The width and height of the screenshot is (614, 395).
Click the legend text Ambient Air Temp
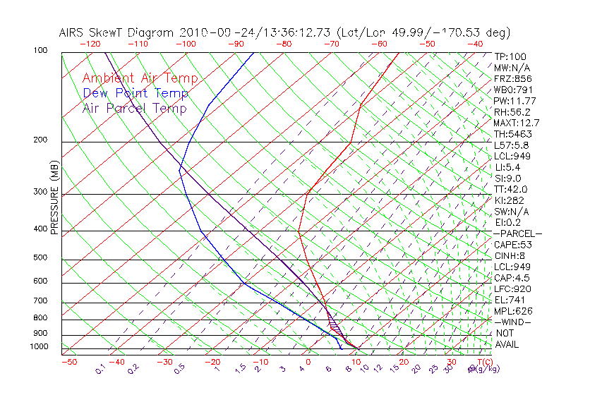[x=140, y=78]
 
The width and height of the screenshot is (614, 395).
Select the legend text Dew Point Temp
[x=136, y=93]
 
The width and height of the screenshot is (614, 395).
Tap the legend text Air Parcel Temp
[x=134, y=108]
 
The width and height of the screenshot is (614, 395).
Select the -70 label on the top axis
[x=330, y=44]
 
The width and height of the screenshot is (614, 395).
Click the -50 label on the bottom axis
[x=68, y=362]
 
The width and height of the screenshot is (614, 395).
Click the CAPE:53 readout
[x=512, y=245]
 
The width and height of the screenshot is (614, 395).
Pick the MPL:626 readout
[x=512, y=311]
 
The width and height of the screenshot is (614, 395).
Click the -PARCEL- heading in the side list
[x=517, y=233]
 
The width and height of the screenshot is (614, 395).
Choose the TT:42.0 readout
[x=511, y=189]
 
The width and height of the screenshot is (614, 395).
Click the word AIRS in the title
[x=73, y=32]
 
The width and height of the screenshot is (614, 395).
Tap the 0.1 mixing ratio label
[x=101, y=370]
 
